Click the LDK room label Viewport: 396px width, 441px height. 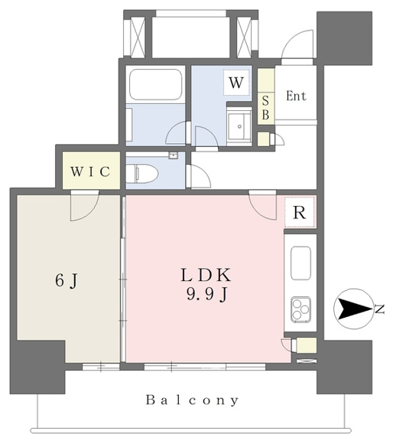coord(206,275)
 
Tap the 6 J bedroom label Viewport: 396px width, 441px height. coord(67,280)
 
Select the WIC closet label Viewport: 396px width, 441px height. coord(90,171)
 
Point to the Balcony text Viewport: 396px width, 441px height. coord(192,400)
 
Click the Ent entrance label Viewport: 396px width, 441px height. coord(296,96)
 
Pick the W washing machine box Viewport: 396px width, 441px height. coord(236,83)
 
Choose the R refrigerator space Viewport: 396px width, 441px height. coord(300,212)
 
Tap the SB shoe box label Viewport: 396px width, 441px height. coord(266,108)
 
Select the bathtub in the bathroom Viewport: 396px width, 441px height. coord(155,83)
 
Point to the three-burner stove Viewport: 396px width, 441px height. coord(301,309)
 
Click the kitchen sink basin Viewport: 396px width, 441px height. coord(300,263)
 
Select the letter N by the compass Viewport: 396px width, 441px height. coord(380,309)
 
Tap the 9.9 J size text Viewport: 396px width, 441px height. coord(206,295)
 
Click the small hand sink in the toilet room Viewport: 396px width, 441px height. coord(174,155)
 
